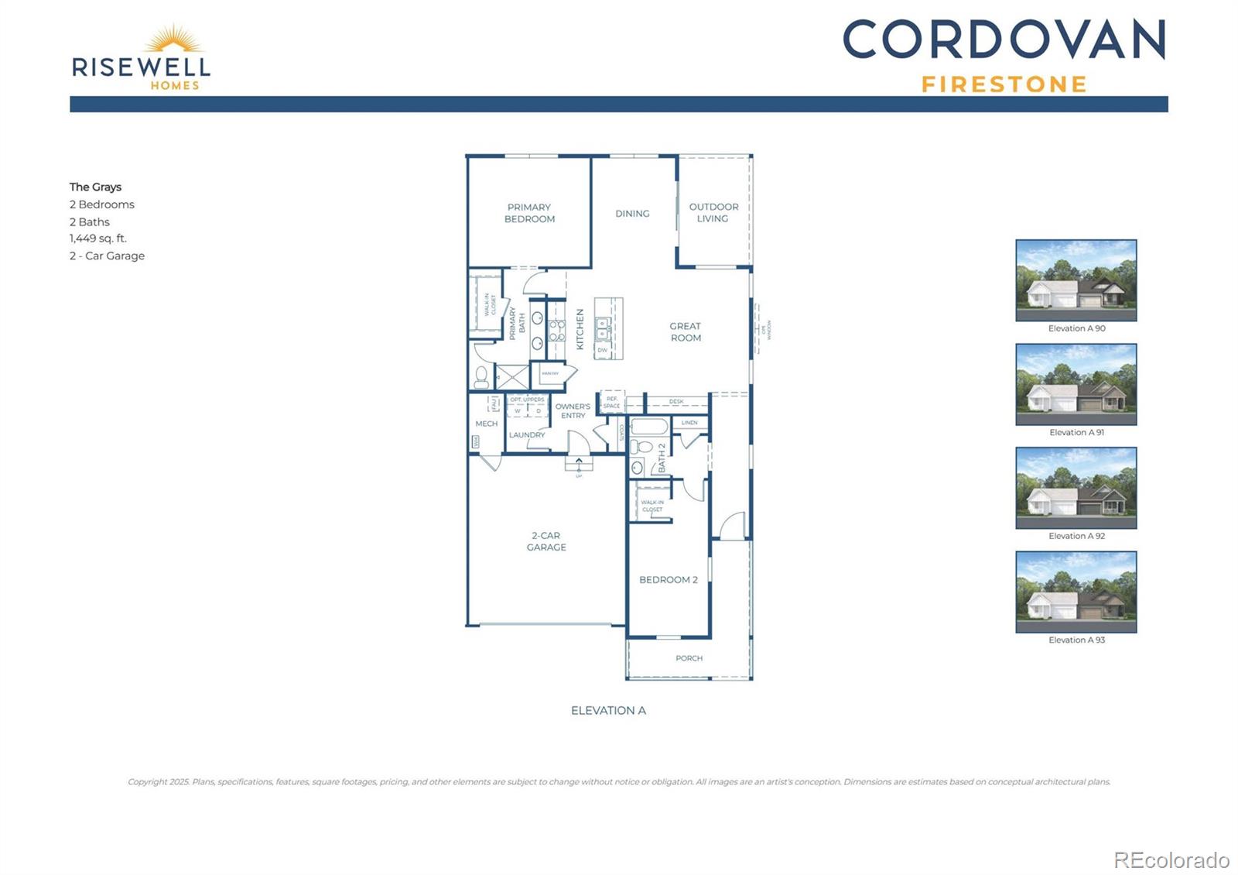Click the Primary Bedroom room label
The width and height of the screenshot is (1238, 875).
pyautogui.click(x=529, y=213)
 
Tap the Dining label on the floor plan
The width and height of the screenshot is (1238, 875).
pyautogui.click(x=632, y=214)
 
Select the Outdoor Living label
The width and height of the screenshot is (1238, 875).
pyautogui.click(x=713, y=213)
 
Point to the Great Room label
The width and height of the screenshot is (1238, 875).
pyautogui.click(x=686, y=332)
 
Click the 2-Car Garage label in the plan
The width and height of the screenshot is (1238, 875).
pyautogui.click(x=546, y=541)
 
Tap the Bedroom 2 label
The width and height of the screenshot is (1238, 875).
pyautogui.click(x=668, y=580)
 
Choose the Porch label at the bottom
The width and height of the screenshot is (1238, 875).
pyautogui.click(x=689, y=658)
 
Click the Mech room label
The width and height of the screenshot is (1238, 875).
pyautogui.click(x=487, y=424)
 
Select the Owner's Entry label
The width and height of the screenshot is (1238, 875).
pyautogui.click(x=573, y=411)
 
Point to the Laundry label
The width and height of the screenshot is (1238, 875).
pyautogui.click(x=527, y=435)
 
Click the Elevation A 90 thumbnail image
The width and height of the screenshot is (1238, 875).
pyautogui.click(x=1076, y=280)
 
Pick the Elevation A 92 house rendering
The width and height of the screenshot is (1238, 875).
pyautogui.click(x=1076, y=488)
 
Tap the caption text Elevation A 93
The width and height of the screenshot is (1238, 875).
pyautogui.click(x=1076, y=640)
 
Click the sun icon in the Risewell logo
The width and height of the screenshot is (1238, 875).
pyautogui.click(x=174, y=39)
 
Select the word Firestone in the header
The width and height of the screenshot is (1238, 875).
pyautogui.click(x=1004, y=84)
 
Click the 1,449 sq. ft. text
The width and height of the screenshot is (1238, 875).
pyautogui.click(x=98, y=238)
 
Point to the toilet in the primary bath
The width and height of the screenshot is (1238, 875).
pyautogui.click(x=482, y=377)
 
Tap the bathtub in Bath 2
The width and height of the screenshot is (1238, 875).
pyautogui.click(x=649, y=427)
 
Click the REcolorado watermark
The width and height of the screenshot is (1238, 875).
pyautogui.click(x=1171, y=860)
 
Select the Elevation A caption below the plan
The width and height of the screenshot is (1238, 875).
pyautogui.click(x=608, y=711)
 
